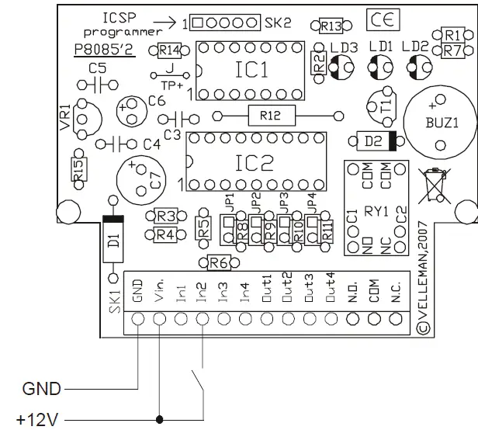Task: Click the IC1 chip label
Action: (x=251, y=70)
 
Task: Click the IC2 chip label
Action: (x=255, y=162)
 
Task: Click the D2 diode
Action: (x=376, y=140)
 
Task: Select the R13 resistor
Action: (x=330, y=26)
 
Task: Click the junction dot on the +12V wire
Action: (x=160, y=421)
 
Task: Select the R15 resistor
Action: (x=78, y=169)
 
